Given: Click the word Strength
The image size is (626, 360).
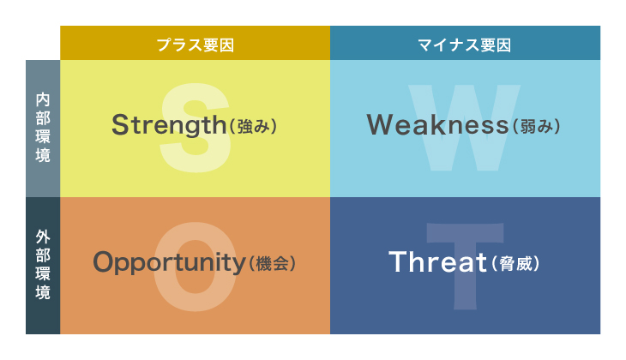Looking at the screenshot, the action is click(169, 125).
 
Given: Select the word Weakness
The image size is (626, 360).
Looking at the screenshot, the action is click(437, 124).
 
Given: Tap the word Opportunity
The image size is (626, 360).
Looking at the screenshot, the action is click(169, 263).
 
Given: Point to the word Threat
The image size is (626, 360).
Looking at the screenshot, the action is click(437, 261).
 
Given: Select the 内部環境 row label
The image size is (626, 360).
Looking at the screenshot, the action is click(43, 129).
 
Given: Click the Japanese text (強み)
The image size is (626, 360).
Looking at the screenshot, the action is click(253, 127).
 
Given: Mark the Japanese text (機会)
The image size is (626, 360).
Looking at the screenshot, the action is click(273, 264).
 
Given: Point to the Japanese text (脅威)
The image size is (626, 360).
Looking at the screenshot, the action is click(516, 264).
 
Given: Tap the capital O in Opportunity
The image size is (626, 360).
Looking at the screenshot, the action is click(104, 261).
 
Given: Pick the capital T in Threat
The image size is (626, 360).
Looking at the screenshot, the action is click(398, 261).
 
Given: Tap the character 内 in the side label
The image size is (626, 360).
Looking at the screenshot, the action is click(43, 99).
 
